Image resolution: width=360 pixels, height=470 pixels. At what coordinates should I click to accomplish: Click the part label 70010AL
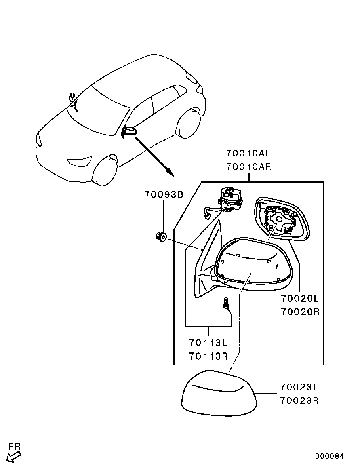click(x=248, y=153)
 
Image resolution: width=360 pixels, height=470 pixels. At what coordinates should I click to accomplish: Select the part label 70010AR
click(x=248, y=166)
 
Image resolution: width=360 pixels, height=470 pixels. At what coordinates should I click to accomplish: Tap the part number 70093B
click(x=164, y=194)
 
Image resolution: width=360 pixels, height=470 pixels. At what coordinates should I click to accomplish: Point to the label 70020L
click(x=300, y=299)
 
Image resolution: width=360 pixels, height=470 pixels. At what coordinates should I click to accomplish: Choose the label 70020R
click(x=300, y=312)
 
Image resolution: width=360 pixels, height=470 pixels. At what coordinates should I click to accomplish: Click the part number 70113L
click(x=208, y=343)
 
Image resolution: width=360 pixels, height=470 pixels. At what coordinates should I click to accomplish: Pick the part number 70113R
click(x=208, y=356)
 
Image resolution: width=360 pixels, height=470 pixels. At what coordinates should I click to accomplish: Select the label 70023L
click(x=299, y=387)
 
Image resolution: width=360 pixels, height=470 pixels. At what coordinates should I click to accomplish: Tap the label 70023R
click(x=299, y=400)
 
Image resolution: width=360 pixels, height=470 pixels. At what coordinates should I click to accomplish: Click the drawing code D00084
click(x=329, y=456)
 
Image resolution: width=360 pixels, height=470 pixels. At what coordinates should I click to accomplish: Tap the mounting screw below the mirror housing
click(x=225, y=303)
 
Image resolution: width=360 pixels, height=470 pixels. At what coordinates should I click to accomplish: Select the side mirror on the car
click(x=129, y=131)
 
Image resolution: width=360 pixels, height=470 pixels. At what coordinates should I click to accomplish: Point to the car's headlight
click(x=80, y=161)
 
